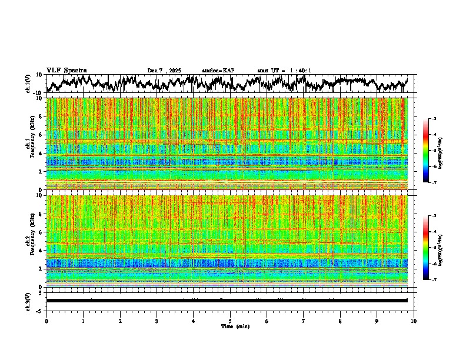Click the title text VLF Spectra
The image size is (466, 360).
[x=66, y=71]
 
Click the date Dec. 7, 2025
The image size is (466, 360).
[x=165, y=71]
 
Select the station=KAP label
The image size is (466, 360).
[x=218, y=71]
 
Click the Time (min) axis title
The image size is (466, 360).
[x=234, y=326]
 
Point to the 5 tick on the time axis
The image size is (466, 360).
[x=230, y=321]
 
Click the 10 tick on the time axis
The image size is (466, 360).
[x=414, y=321]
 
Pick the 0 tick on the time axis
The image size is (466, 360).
[x=46, y=321]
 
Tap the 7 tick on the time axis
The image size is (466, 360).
[x=304, y=321]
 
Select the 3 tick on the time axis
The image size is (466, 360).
[x=157, y=321]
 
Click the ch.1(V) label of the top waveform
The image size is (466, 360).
[x=28, y=84]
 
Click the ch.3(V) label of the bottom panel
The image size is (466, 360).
[x=28, y=301]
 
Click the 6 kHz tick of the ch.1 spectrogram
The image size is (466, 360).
[x=41, y=135]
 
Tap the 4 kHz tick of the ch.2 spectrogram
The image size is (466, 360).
[x=41, y=250]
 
